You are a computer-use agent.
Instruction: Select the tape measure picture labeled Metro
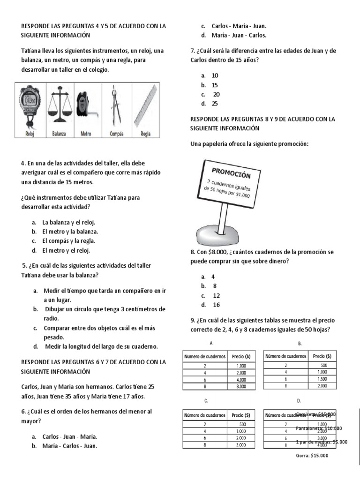tap(85, 106)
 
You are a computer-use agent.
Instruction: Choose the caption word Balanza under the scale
tap(59, 134)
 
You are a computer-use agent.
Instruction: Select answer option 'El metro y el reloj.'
tap(66, 250)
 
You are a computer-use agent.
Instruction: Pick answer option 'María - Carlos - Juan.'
tap(70, 446)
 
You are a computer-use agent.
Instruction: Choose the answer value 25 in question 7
tap(215, 104)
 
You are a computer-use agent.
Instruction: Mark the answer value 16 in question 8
tap(217, 305)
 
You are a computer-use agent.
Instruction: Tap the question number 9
tap(193, 320)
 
